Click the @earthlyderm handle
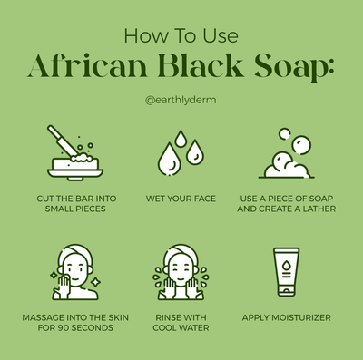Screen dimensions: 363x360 [x=181, y=100]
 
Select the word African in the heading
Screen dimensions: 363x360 [x=87, y=65]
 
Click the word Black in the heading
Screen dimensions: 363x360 [x=201, y=65]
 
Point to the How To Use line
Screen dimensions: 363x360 [x=181, y=35]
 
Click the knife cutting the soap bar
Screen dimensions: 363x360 [x=62, y=141]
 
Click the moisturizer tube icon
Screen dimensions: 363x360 [x=286, y=272]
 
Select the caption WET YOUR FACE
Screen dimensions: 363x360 [x=181, y=199]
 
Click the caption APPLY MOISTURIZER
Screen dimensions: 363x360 [x=287, y=317]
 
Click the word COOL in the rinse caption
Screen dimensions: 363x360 [x=165, y=327]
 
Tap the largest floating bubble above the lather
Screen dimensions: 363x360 [x=301, y=145]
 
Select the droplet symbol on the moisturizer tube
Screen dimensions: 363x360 [x=286, y=266]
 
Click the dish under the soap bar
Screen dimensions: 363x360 [x=75, y=174]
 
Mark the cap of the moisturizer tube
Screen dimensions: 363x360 [x=286, y=291]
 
